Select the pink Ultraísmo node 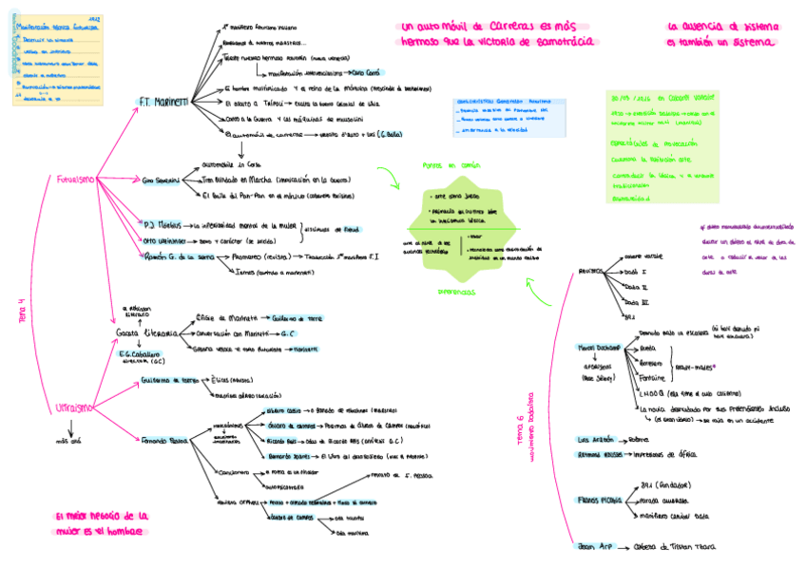pyautogui.click(x=73, y=408)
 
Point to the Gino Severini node pyautogui.click(x=161, y=180)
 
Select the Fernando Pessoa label pyautogui.click(x=163, y=442)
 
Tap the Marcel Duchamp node pyautogui.click(x=599, y=349)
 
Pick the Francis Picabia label pyautogui.click(x=599, y=499)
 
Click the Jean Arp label pyautogui.click(x=592, y=546)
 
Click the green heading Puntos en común pyautogui.click(x=444, y=165)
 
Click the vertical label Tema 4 pyautogui.click(x=21, y=313)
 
